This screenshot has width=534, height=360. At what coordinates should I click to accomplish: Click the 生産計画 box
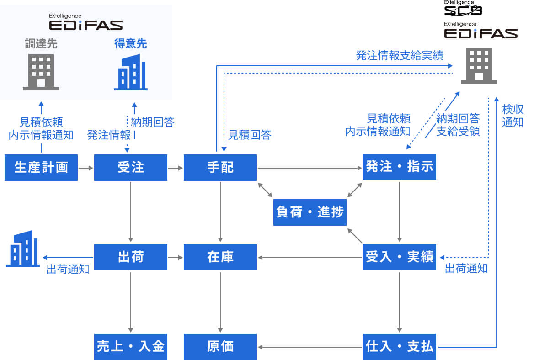point(41,168)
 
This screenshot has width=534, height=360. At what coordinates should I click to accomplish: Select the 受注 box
point(131,168)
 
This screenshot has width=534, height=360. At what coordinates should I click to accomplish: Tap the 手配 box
point(220,168)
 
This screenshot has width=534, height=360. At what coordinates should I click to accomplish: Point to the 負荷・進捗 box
point(310,212)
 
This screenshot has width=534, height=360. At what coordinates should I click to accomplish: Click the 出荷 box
point(131,257)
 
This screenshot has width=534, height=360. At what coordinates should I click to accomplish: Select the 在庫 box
point(220,257)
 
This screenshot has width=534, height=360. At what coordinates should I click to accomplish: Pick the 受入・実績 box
point(400,257)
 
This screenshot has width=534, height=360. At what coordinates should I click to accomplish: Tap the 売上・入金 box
point(131,347)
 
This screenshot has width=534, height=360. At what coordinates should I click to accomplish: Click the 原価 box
point(220,347)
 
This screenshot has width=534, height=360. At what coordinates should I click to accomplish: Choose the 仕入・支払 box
point(400,347)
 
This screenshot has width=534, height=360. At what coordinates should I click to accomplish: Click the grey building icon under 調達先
point(41,72)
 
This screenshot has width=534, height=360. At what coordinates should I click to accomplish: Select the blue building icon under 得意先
point(131,73)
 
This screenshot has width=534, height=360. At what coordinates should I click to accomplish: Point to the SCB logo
point(463,9)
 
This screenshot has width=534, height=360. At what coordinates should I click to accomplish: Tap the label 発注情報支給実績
point(400,56)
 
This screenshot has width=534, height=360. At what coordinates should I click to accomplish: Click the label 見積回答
point(250,135)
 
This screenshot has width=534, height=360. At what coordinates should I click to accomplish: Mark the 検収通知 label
point(513,116)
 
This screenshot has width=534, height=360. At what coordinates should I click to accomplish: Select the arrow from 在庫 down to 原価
point(220,302)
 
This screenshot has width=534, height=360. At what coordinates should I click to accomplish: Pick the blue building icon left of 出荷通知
point(22,249)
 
